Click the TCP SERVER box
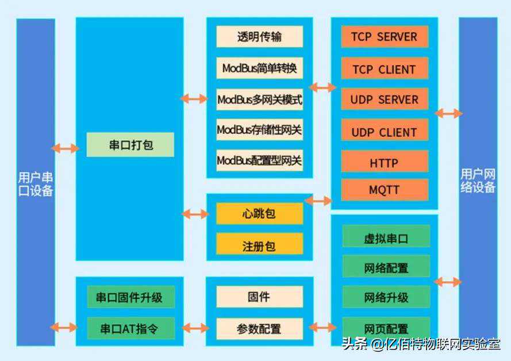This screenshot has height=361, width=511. (x=384, y=37)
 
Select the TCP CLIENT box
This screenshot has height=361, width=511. (x=384, y=69)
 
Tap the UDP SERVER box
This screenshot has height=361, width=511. (x=384, y=99)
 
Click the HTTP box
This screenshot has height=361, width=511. (x=384, y=163)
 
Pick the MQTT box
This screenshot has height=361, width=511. (x=384, y=190)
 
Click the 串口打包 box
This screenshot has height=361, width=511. (x=130, y=145)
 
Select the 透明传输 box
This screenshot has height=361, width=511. (x=259, y=37)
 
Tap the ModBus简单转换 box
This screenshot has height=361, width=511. (x=259, y=68)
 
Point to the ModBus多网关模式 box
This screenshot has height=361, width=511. (x=259, y=99)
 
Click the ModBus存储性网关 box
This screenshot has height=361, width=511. (x=259, y=130)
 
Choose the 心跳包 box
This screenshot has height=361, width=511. (x=259, y=214)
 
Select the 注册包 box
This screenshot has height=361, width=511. (x=259, y=245)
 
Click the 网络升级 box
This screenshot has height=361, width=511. (x=386, y=297)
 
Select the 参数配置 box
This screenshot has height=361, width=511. (x=259, y=329)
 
